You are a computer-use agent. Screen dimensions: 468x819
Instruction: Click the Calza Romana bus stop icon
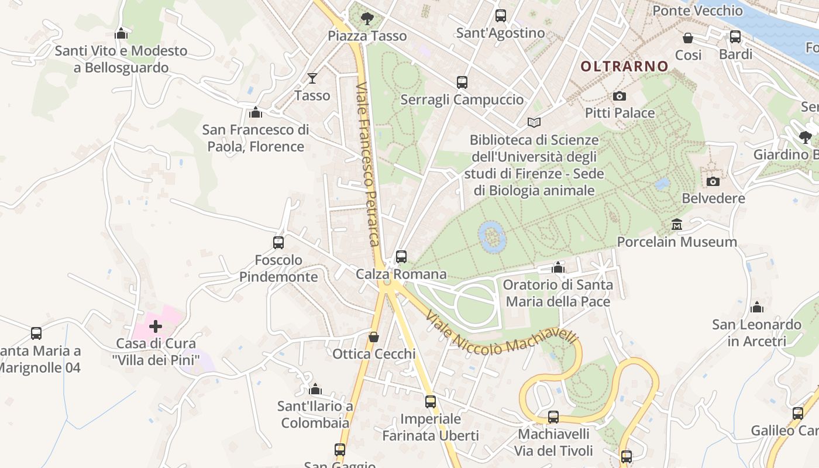click(x=401, y=256)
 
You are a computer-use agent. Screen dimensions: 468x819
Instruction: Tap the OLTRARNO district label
click(x=624, y=67)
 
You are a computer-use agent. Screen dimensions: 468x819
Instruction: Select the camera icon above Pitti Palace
click(x=619, y=96)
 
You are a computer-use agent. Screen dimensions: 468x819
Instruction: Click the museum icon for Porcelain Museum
click(x=677, y=225)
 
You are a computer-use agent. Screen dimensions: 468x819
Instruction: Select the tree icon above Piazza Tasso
click(x=367, y=19)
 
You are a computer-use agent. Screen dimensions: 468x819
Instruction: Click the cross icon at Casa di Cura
click(x=156, y=326)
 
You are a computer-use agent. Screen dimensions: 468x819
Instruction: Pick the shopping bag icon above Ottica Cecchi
click(x=373, y=337)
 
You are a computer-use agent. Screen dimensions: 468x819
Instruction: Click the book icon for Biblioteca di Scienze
click(x=534, y=122)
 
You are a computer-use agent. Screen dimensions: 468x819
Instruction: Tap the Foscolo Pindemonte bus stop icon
click(x=278, y=242)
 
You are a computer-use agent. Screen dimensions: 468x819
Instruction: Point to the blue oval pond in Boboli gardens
click(x=492, y=236)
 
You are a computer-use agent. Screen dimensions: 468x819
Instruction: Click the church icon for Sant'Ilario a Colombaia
click(x=315, y=389)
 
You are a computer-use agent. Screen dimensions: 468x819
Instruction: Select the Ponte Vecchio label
click(x=697, y=11)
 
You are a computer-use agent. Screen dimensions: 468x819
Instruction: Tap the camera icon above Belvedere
click(x=713, y=181)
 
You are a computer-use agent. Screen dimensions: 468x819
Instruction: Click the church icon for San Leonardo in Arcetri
click(x=757, y=307)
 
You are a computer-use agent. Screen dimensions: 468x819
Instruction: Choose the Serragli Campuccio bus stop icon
click(x=462, y=82)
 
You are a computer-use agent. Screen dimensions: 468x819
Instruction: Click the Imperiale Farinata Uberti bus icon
click(x=431, y=402)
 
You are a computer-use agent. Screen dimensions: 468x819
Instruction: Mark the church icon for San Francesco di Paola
click(x=256, y=112)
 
